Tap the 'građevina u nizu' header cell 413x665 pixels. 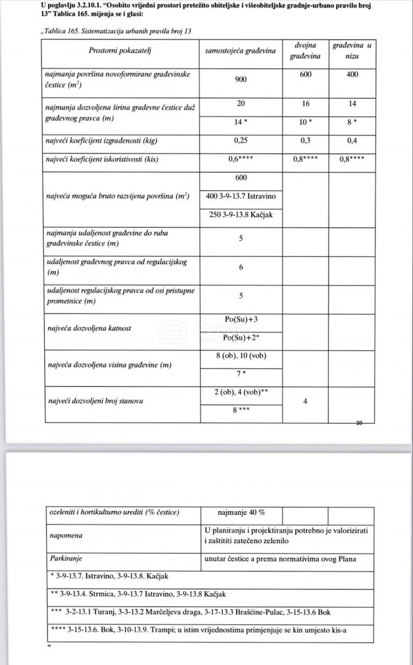(351, 51)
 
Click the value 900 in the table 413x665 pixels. (241, 79)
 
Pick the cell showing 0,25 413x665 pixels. (241, 140)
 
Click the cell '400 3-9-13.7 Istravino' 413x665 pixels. (241, 196)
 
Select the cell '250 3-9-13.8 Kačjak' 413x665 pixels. (241, 215)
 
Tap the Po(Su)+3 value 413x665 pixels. (241, 320)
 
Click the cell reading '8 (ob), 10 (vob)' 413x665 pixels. (241, 356)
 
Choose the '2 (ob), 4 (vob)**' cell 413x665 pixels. (241, 392)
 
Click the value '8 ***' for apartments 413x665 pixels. (241, 409)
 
